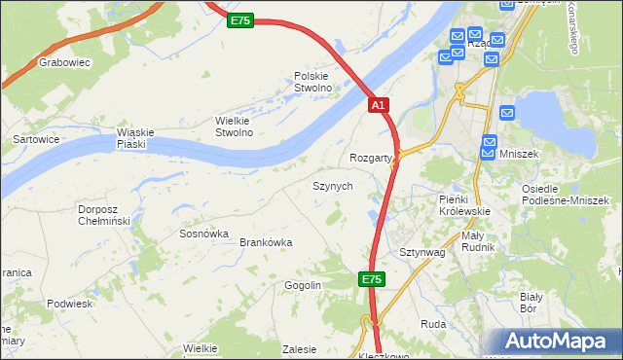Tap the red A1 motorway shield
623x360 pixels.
point(380,105)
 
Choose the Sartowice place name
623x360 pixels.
point(34,139)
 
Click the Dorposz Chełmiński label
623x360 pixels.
point(104,214)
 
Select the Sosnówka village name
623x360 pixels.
point(203,234)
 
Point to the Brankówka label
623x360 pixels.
point(266,242)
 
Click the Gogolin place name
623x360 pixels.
point(303,285)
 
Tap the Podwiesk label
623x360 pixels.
point(69,304)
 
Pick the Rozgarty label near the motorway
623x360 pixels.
point(370,158)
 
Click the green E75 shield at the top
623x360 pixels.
point(241,20)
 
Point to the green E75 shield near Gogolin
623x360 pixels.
point(371,279)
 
